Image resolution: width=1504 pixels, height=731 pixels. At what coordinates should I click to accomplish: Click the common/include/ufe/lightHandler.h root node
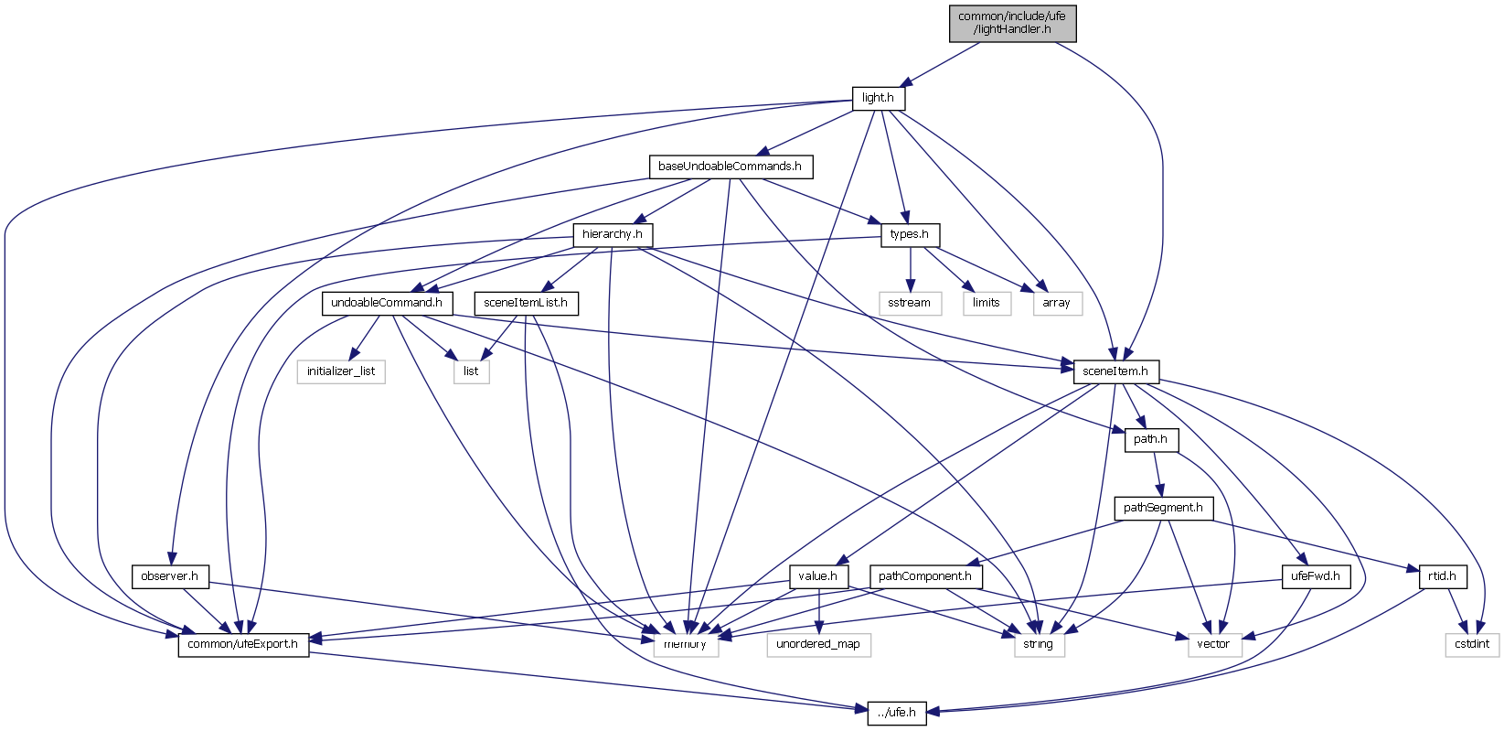(x=1012, y=23)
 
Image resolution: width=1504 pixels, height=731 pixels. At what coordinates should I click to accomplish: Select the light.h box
(x=878, y=98)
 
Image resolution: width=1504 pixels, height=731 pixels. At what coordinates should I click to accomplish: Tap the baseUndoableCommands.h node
(x=730, y=167)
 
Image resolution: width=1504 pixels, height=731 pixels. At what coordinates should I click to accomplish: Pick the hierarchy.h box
(x=613, y=234)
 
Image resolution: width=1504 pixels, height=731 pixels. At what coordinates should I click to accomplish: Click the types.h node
(x=910, y=234)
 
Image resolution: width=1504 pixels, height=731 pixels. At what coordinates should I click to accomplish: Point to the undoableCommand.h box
(x=387, y=303)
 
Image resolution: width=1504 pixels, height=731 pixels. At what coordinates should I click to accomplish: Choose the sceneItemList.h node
(x=526, y=303)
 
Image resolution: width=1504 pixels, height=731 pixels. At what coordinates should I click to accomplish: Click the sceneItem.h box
(x=1115, y=371)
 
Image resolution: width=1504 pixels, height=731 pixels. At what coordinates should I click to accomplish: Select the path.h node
(x=1150, y=439)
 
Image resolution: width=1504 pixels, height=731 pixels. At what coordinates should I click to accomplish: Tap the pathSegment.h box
(x=1163, y=508)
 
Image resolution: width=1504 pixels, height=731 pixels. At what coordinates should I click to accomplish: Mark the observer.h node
(x=170, y=576)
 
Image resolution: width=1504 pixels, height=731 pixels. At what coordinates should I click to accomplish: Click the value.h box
(x=818, y=576)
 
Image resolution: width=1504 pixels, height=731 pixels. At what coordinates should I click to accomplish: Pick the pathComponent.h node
(x=926, y=576)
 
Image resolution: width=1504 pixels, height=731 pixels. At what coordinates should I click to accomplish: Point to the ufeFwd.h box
(x=1316, y=576)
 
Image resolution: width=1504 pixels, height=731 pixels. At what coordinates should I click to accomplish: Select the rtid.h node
(x=1442, y=576)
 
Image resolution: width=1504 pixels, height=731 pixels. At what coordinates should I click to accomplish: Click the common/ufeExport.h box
(x=243, y=644)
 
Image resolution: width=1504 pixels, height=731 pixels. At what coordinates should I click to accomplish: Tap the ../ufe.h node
(x=896, y=713)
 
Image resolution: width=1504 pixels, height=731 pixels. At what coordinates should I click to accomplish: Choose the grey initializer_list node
(x=341, y=371)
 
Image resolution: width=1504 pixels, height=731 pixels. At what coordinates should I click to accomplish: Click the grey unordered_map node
(x=818, y=644)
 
